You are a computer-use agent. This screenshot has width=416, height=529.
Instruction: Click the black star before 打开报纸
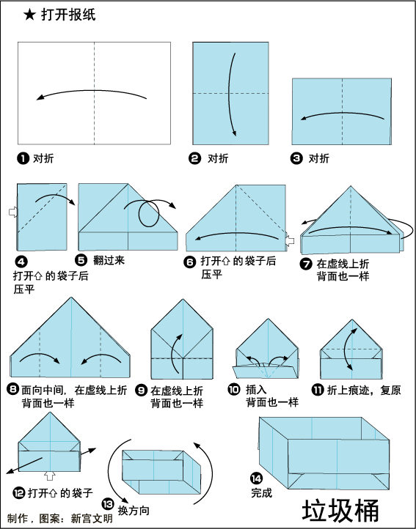29,15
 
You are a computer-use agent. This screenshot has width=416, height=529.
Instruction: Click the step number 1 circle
23,158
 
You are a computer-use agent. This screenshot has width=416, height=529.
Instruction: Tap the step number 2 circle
194,158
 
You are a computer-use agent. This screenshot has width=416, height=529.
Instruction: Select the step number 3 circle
296,158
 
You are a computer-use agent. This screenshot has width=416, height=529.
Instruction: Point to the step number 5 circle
81,260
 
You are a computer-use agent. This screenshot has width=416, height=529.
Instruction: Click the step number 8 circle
12,390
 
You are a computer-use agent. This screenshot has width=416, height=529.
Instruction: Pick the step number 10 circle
234,390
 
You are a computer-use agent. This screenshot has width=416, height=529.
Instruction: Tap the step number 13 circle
108,504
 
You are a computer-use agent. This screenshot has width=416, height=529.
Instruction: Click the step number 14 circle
257,478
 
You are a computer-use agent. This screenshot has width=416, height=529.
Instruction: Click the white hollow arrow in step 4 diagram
13,212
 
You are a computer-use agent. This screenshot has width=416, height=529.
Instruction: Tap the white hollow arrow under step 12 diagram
50,476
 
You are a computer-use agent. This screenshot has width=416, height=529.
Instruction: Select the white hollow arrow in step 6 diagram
290,240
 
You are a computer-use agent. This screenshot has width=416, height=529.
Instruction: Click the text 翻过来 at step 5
109,260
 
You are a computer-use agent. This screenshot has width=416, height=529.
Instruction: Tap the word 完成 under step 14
262,493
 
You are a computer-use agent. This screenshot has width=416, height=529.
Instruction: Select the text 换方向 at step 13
134,511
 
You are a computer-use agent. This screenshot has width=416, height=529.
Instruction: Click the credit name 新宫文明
92,518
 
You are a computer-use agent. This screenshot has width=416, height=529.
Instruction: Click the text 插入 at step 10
256,390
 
